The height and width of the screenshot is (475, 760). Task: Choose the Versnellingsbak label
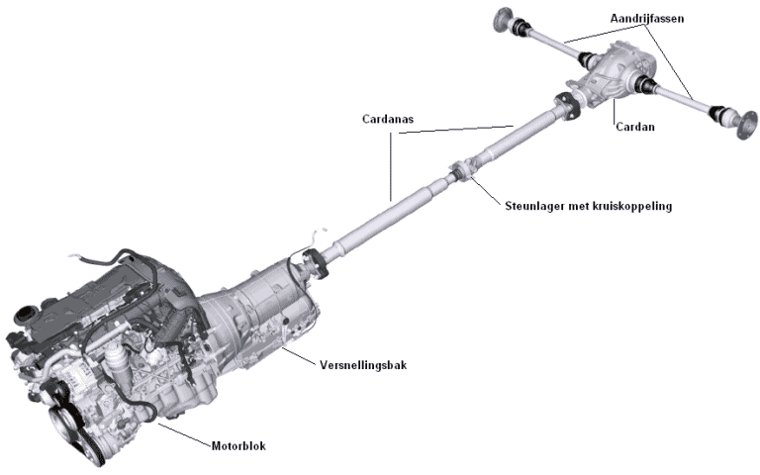tap(361, 364)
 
